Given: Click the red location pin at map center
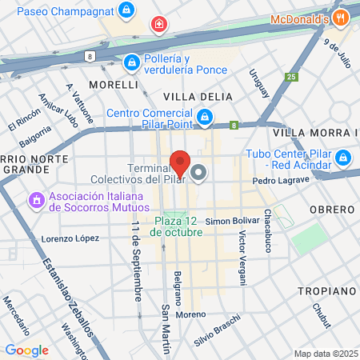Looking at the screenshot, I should tap(180, 162).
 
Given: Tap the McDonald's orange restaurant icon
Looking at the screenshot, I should tap(342, 18).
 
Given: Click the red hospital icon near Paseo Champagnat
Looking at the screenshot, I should tap(159, 25).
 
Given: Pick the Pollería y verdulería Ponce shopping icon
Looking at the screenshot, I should tap(131, 62).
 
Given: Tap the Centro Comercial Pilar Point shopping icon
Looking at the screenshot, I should tap(205, 118).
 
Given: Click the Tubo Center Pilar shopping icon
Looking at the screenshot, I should tap(342, 158).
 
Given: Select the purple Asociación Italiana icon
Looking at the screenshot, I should tap(36, 199).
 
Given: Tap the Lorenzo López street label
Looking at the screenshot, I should tap(70, 238).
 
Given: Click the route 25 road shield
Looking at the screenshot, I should tap(291, 77).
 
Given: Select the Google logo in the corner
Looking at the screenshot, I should tap(26, 350).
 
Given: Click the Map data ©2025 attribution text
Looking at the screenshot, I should tap(325, 354).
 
